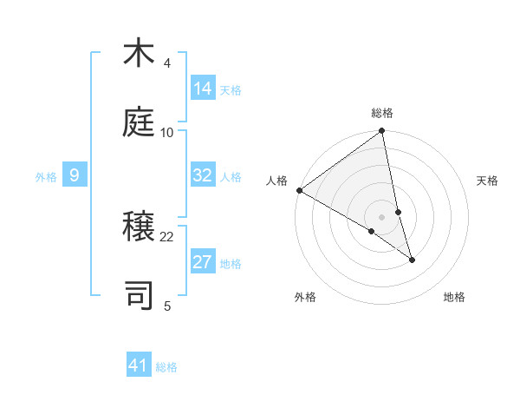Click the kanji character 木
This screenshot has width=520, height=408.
click(139, 54)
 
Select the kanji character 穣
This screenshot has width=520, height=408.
click(139, 227)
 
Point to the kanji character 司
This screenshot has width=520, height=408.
click(139, 294)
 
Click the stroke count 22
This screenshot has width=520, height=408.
click(167, 236)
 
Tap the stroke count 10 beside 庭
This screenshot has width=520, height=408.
click(167, 132)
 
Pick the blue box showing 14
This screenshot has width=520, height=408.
click(203, 89)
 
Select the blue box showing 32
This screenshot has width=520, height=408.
click(203, 175)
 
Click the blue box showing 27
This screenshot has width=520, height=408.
click(203, 262)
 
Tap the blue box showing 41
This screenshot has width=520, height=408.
click(139, 365)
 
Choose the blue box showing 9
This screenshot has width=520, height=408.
click(75, 176)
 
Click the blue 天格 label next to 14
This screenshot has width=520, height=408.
click(231, 90)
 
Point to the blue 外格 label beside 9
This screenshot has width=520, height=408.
click(46, 177)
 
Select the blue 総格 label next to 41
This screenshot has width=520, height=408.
click(166, 367)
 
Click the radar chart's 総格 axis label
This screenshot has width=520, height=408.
click(382, 113)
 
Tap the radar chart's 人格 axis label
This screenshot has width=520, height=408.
click(277, 181)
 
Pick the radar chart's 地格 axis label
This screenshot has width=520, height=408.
click(454, 298)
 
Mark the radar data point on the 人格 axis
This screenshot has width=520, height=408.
click(299, 190)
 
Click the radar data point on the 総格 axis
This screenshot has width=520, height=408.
click(382, 132)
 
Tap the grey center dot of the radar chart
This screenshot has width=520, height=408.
click(382, 216)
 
